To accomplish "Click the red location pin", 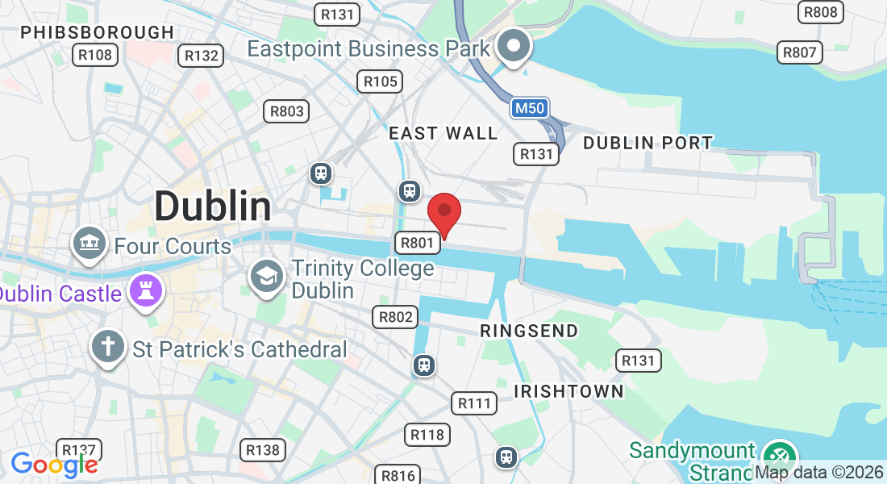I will [x=443, y=212].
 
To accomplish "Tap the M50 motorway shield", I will [x=530, y=107].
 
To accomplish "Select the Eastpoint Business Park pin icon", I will [x=512, y=45].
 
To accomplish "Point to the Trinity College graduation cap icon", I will [x=266, y=275].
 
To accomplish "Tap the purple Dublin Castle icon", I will [x=147, y=292].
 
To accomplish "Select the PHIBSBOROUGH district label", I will [x=97, y=32].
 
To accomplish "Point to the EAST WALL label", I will [x=443, y=133].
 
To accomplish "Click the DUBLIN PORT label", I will [x=648, y=143].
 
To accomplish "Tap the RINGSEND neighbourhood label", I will [x=529, y=331].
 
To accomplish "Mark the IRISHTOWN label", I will [x=569, y=391].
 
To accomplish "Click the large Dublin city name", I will [x=213, y=207].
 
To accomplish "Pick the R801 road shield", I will [x=417, y=242].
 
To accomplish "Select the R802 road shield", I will [x=395, y=317].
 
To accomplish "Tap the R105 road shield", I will [x=380, y=81].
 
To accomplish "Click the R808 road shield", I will [x=821, y=12].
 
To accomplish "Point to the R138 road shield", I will [x=263, y=450].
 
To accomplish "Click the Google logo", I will [x=54, y=465].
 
